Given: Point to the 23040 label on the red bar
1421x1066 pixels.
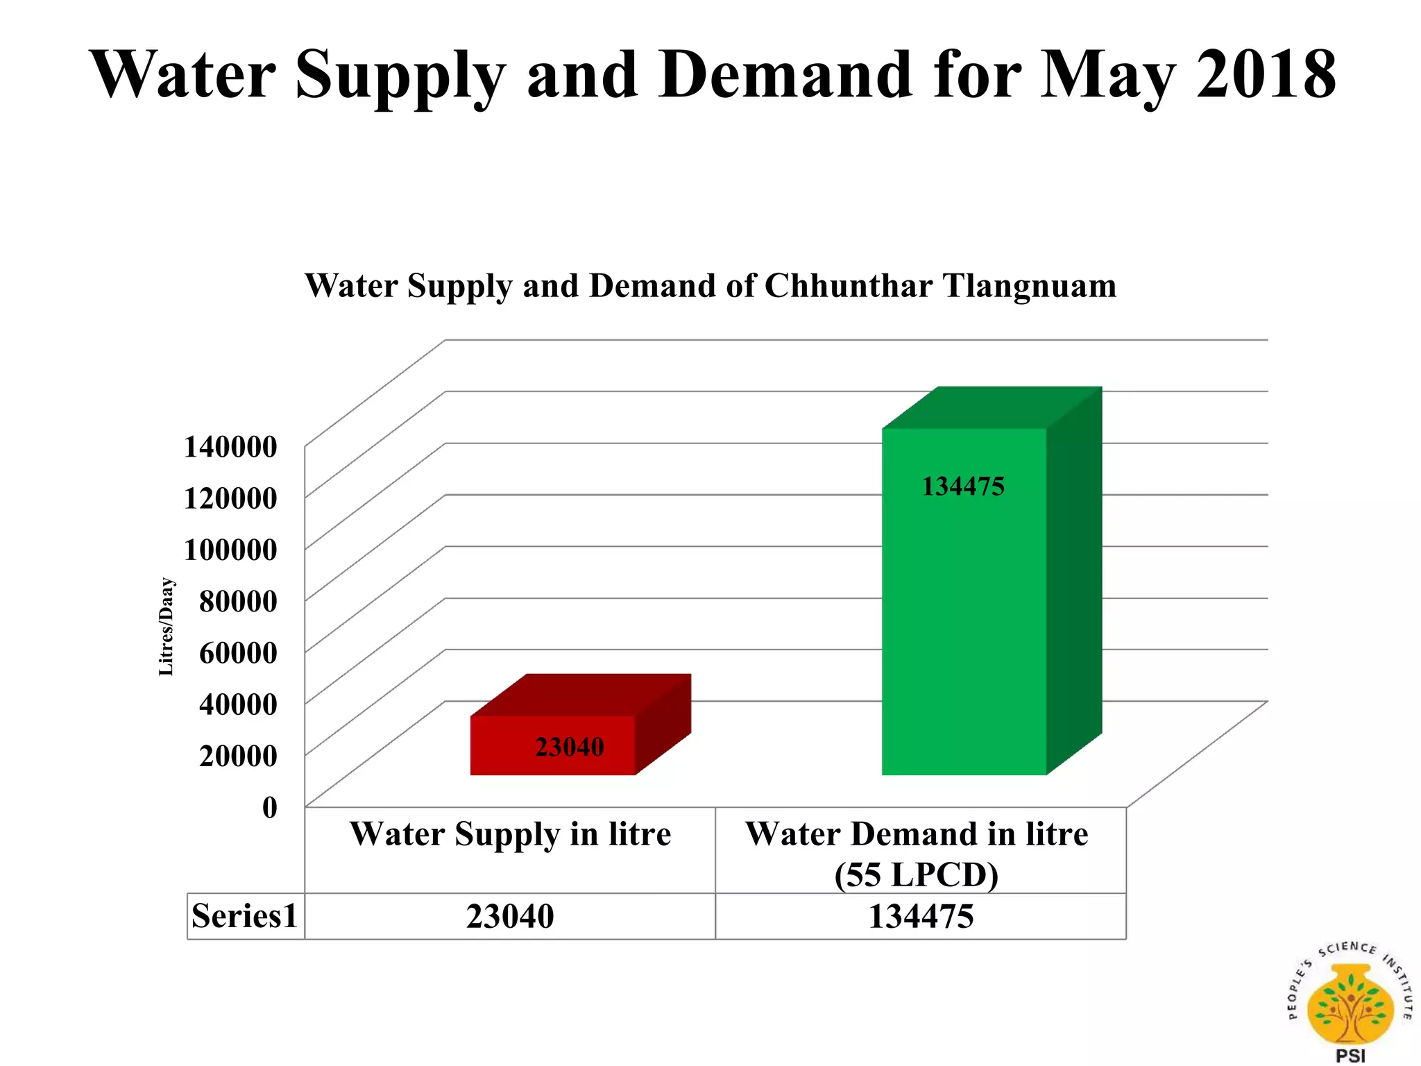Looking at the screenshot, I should pyautogui.click(x=569, y=747).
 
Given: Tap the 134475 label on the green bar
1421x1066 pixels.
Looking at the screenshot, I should pyautogui.click(x=962, y=487).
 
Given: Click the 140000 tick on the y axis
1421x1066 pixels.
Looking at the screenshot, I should pyautogui.click(x=230, y=447).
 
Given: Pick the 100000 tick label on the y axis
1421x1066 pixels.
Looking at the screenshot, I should pyautogui.click(x=230, y=550).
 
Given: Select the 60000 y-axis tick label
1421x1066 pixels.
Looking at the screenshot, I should pyautogui.click(x=238, y=652).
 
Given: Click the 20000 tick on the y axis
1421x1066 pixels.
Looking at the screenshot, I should pyautogui.click(x=238, y=755).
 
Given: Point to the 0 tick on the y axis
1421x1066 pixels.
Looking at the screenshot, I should pyautogui.click(x=269, y=807).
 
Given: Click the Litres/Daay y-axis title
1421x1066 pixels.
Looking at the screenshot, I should pyautogui.click(x=167, y=627).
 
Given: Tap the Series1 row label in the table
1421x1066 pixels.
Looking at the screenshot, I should pyautogui.click(x=244, y=916).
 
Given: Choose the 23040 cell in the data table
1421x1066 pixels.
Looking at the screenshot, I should pyautogui.click(x=510, y=916).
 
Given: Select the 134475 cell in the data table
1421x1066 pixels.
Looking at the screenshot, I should pyautogui.click(x=921, y=916).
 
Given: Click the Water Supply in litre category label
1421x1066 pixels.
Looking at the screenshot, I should pyautogui.click(x=510, y=834).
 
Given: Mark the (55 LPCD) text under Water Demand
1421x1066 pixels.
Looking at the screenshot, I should pyautogui.click(x=916, y=874).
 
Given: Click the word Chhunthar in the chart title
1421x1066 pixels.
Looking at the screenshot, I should pyautogui.click(x=848, y=285).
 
